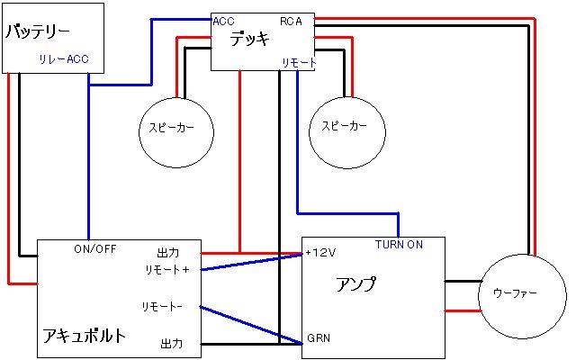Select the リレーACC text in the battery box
click(64, 60)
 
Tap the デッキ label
click(249, 38)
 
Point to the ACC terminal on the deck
click(224, 21)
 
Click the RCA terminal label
click(291, 21)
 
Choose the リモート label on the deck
click(298, 61)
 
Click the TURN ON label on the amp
click(399, 244)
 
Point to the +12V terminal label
click(319, 252)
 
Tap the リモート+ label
click(167, 270)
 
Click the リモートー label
click(162, 307)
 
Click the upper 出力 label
click(169, 252)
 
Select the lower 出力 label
click(171, 343)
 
